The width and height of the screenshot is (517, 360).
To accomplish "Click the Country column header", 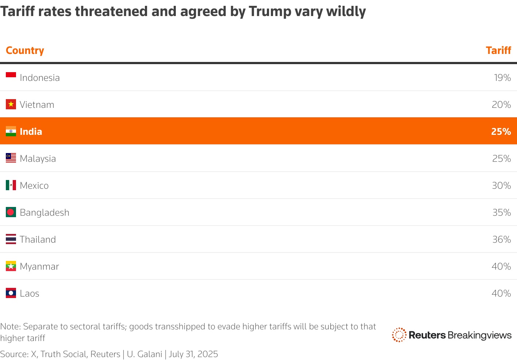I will coord(25,50).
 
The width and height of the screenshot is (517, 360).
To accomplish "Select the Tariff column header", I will coord(498,50).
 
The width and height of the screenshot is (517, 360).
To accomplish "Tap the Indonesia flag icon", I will coord(11,75).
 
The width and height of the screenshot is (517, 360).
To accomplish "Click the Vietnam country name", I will coord(37,105).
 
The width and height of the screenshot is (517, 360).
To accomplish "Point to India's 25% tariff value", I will coord(501,132).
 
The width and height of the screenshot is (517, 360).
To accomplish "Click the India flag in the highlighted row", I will coord(11,131).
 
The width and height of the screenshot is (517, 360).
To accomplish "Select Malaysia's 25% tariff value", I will coord(501,159).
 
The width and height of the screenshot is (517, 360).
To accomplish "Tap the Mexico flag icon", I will coord(11,185).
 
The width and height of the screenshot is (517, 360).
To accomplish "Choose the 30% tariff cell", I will coord(501,185).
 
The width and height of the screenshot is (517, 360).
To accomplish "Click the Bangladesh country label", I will coord(44,212).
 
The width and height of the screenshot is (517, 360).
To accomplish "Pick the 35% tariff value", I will coord(501,212).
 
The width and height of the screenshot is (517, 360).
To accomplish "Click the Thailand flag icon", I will coord(11,239).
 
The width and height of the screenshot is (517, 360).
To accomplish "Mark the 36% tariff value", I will coord(501,239).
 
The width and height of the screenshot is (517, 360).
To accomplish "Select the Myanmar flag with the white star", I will coord(11,266).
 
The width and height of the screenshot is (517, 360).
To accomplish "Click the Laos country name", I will coord(29,293).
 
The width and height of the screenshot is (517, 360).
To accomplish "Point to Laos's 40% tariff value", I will coord(501,293).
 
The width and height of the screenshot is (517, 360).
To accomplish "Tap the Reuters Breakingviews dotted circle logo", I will coord(399,335).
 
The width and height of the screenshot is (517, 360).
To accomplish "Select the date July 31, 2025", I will coord(193,354).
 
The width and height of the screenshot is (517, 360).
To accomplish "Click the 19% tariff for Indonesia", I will coord(502,78).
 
